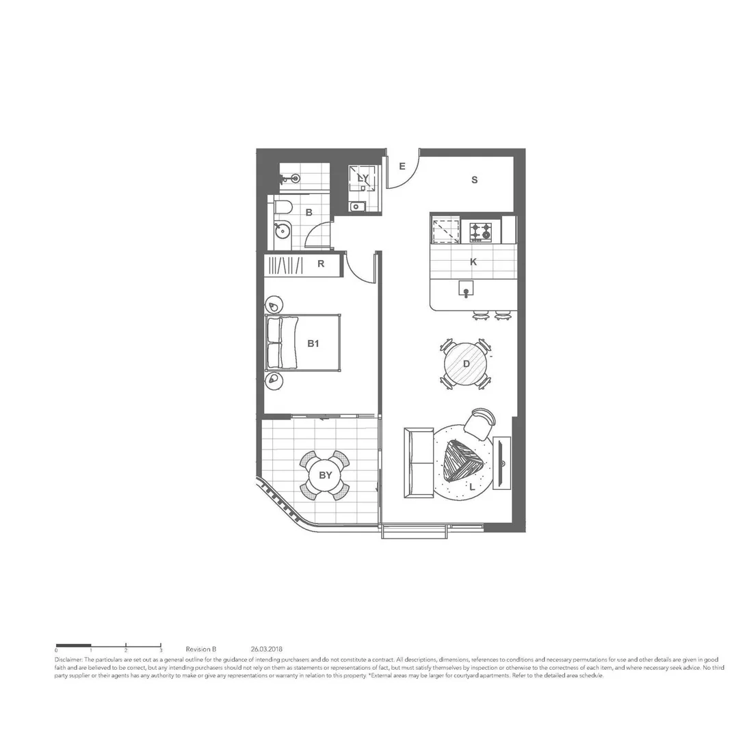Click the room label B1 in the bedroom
313,343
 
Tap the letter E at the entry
402,166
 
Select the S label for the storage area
473,180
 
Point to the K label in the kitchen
473,261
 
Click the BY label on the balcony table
326,475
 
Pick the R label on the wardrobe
321,264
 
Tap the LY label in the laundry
363,179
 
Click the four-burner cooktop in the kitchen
480,231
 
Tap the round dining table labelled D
466,364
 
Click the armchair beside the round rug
480,422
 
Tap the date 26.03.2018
267,649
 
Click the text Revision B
201,649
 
